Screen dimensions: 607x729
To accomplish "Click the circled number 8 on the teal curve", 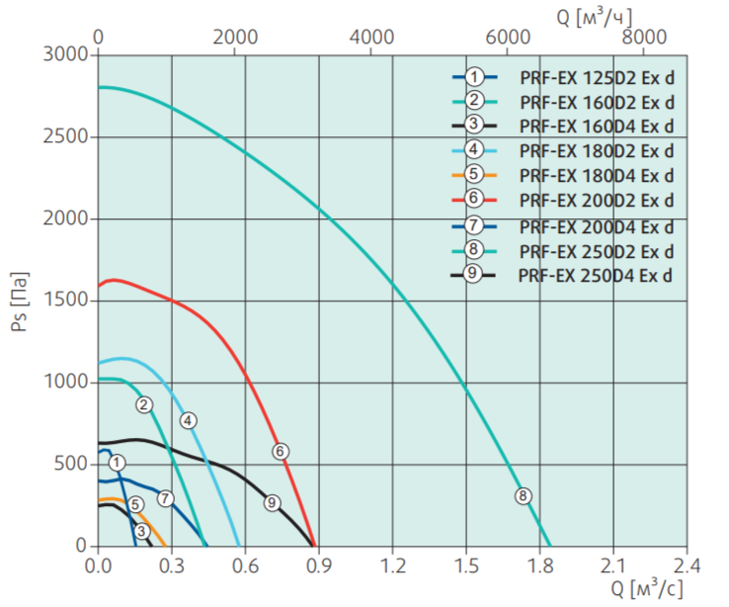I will click(524, 496).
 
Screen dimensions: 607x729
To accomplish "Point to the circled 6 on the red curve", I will click(280, 451).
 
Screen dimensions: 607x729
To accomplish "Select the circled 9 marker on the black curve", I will click(272, 502).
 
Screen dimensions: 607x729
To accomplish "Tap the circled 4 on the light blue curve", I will click(188, 420).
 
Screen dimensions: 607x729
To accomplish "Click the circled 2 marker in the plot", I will click(144, 404).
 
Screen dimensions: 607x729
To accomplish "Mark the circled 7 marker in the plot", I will click(165, 498).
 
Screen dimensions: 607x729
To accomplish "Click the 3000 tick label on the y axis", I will click(66, 54).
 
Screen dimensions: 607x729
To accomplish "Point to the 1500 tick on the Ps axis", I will click(66, 301).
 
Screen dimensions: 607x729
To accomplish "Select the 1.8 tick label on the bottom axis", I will click(539, 565).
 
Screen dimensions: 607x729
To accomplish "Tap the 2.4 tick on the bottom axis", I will click(686, 565).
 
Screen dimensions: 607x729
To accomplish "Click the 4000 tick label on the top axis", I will click(372, 36).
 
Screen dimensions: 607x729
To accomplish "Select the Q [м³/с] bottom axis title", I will click(647, 589).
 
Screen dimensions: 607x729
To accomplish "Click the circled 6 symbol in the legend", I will click(475, 200).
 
